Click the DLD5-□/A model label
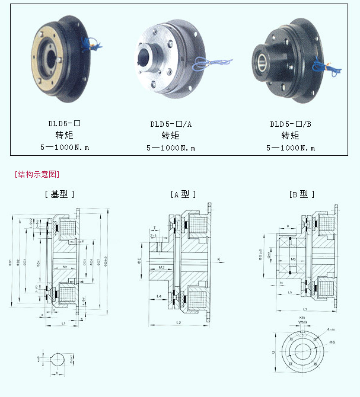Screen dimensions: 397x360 click(171, 124)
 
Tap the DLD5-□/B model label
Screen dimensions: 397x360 click(290, 124)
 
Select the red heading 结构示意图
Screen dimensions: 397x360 click(37, 174)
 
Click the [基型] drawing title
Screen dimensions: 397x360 click(59, 194)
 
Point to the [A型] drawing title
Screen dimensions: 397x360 click(183, 194)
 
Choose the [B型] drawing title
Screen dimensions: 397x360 click(302, 194)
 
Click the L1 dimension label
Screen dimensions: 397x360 click(63, 323)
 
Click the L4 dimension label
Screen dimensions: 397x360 click(160, 294)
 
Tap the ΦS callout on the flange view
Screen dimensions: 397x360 click(333, 342)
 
